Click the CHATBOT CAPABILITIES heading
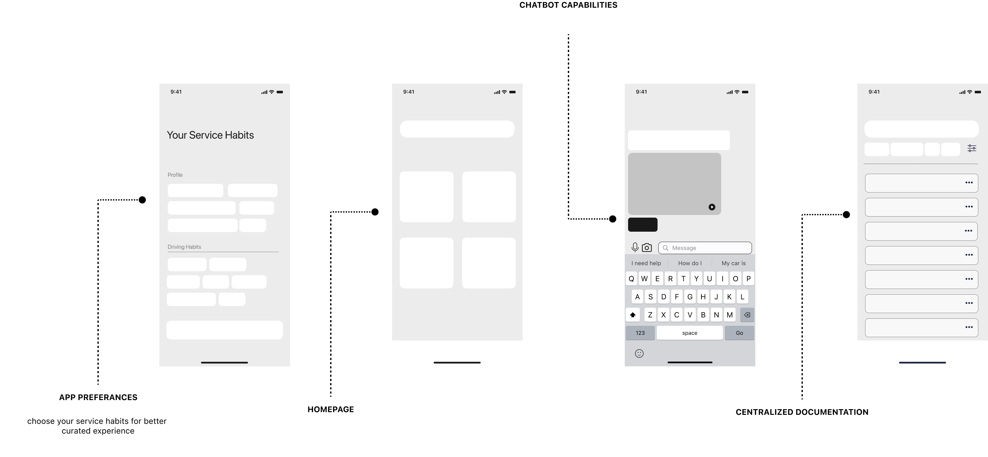tap(568, 5)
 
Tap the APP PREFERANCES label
tap(98, 397)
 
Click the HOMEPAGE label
tap(330, 409)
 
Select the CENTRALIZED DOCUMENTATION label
tap(802, 412)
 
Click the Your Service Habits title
tap(210, 135)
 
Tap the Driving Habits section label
tap(184, 247)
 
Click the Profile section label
tap(175, 175)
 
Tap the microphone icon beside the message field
tap(635, 248)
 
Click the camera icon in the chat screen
tap(647, 248)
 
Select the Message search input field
tap(705, 248)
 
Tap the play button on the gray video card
tap(711, 207)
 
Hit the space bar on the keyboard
tap(690, 333)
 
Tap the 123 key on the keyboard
tap(640, 333)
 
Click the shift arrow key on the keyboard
tap(633, 315)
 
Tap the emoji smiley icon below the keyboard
tap(639, 354)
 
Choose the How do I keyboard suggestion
tap(690, 263)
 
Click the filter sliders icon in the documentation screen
tap(972, 148)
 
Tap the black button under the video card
tap(642, 225)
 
